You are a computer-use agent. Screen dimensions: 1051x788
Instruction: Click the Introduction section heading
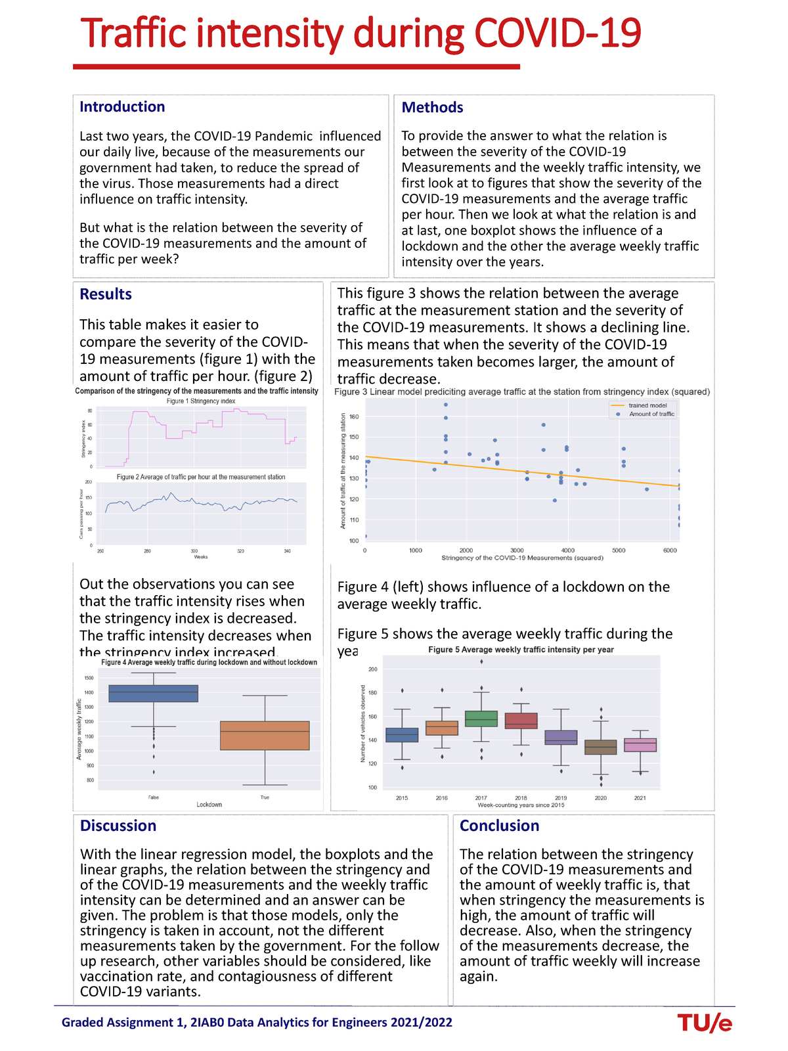click(x=122, y=107)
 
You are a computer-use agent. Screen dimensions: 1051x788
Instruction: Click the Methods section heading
click(x=432, y=108)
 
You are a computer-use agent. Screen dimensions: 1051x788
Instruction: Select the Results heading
click(x=106, y=294)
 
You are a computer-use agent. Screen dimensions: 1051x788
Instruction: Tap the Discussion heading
click(x=118, y=826)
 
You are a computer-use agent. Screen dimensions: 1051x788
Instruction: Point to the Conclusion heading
click(x=499, y=826)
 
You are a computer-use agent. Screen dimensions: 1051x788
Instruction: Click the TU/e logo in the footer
click(x=705, y=1023)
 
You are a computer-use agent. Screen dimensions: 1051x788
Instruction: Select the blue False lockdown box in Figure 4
click(x=153, y=694)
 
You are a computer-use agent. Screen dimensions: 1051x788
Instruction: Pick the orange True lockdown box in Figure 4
click(x=265, y=736)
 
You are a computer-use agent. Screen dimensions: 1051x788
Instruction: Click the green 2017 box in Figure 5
click(x=481, y=719)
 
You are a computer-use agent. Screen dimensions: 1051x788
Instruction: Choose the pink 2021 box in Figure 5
click(x=640, y=745)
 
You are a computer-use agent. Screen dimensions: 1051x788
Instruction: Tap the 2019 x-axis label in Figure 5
click(x=561, y=798)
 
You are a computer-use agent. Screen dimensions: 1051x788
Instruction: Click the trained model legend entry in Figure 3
click(x=647, y=405)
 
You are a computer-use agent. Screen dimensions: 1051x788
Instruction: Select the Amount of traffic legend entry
click(x=651, y=414)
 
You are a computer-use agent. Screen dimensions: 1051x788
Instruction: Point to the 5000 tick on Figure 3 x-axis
click(x=619, y=550)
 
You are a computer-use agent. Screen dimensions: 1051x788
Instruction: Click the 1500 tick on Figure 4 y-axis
click(x=89, y=678)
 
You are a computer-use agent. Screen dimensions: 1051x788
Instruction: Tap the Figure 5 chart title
click(x=521, y=650)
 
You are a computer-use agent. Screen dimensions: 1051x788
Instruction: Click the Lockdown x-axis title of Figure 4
click(x=209, y=805)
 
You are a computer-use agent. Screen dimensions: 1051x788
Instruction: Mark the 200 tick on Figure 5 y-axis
click(x=372, y=669)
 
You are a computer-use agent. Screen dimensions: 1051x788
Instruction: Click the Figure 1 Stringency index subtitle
click(x=201, y=401)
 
